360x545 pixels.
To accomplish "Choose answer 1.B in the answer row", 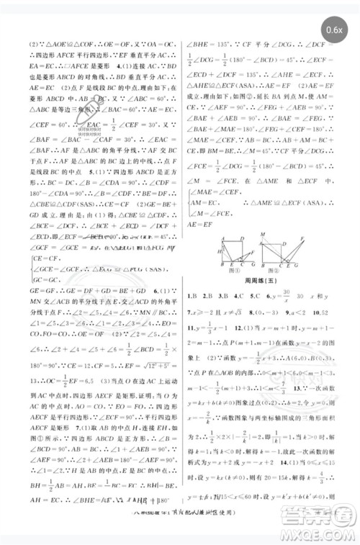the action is pos(192,295).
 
